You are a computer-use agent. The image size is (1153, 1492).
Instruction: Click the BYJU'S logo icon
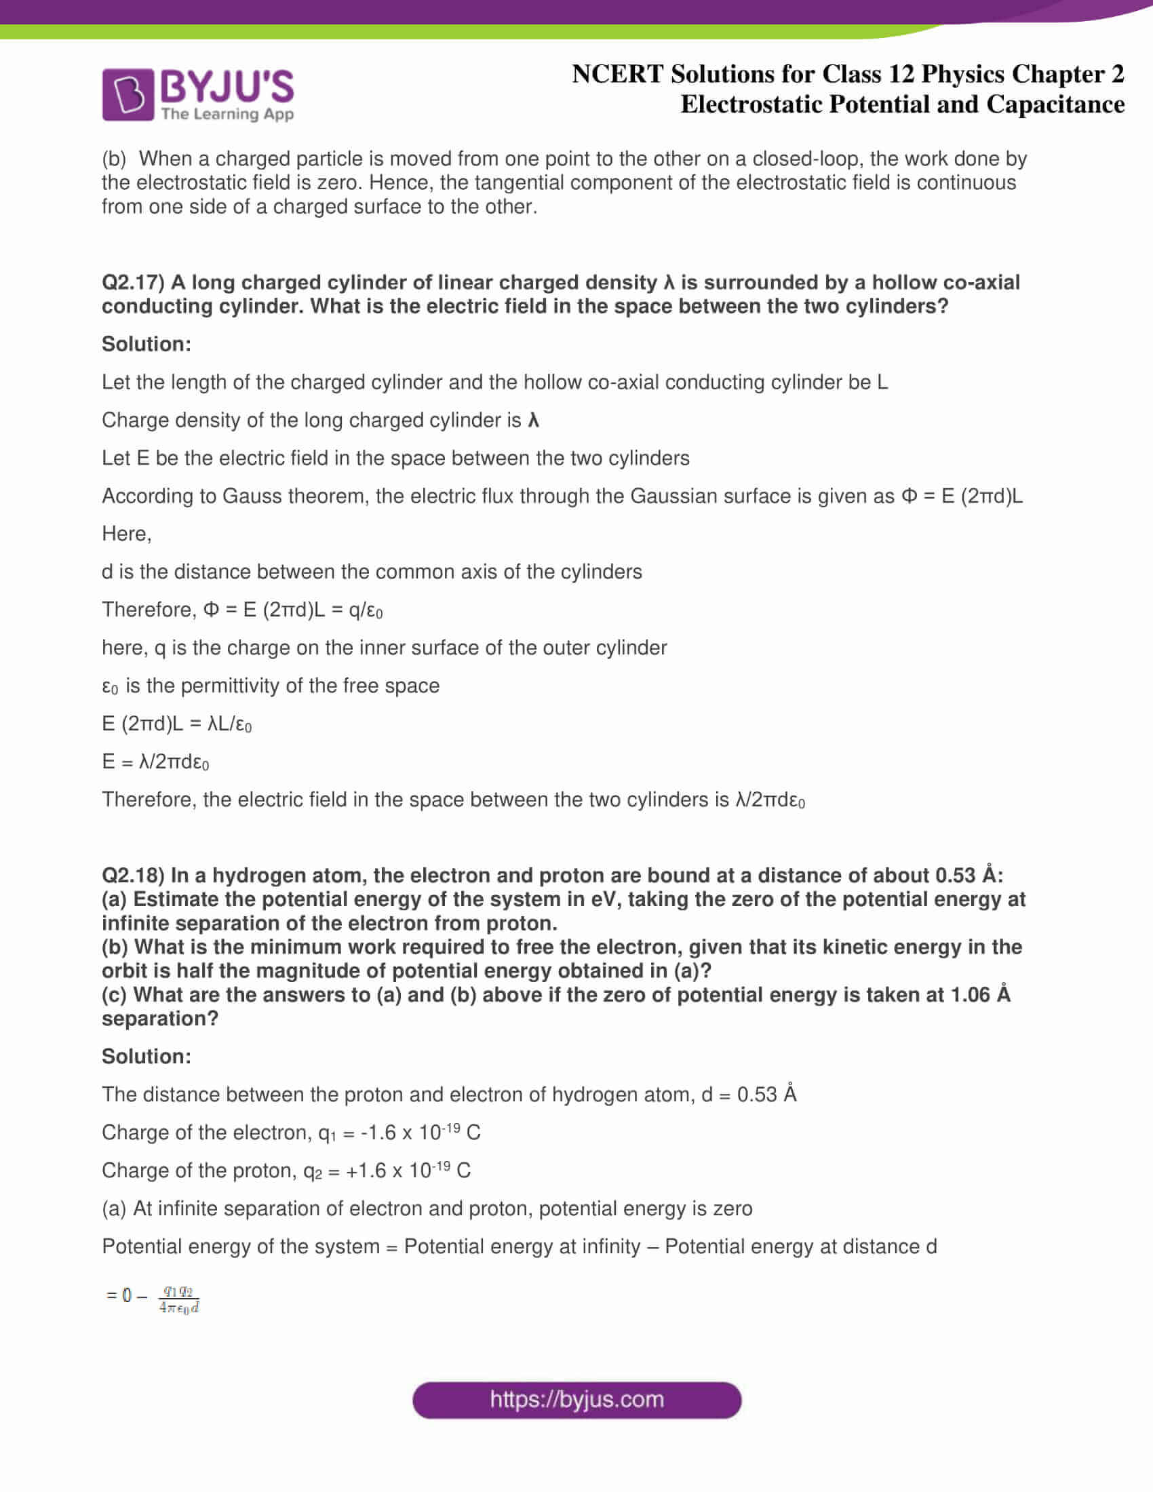tap(128, 94)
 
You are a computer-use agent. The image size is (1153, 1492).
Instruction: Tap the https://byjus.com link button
tap(576, 1400)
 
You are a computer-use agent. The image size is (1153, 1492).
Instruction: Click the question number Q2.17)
tap(133, 282)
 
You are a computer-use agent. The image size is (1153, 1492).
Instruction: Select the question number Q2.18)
tap(133, 875)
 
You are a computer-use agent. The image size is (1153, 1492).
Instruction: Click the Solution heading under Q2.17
tap(146, 344)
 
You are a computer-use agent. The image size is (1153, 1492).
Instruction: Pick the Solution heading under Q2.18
tap(146, 1056)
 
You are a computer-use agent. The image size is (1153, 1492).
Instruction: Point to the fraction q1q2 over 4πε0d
tap(179, 1299)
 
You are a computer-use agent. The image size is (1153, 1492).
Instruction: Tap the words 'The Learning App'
tap(227, 114)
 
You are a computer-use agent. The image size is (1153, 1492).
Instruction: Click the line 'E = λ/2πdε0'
tap(156, 762)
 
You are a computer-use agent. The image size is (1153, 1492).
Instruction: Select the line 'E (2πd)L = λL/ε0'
tap(176, 724)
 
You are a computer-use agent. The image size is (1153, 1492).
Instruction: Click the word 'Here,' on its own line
tap(126, 534)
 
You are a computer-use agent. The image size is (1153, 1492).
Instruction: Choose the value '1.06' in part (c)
tap(969, 995)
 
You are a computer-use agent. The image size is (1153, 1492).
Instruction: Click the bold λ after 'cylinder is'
tap(534, 420)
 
